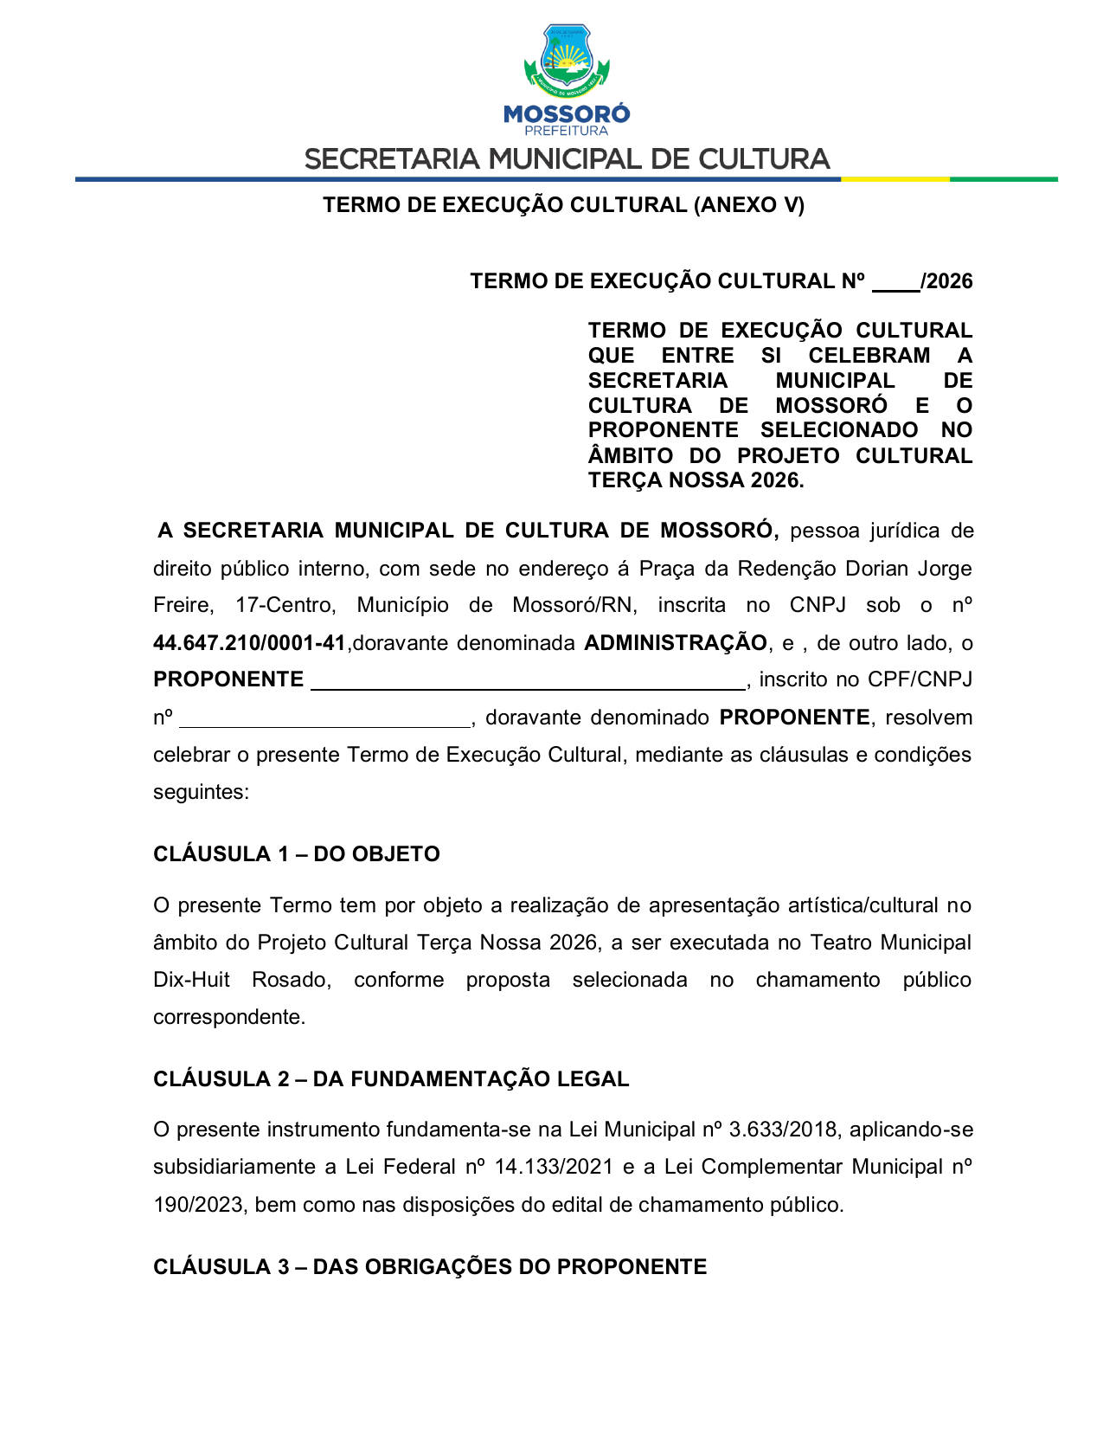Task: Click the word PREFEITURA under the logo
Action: [x=567, y=131]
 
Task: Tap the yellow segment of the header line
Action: [x=895, y=179]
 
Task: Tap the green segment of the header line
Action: [x=1004, y=179]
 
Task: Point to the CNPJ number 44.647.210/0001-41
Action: [x=249, y=643]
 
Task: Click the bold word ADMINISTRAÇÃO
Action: [x=676, y=643]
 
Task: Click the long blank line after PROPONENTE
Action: [x=528, y=682]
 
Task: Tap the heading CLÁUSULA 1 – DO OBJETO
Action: [x=297, y=854]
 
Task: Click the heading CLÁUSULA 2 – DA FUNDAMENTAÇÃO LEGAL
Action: [x=391, y=1079]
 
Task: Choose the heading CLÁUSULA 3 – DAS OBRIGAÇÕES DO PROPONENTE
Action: [x=430, y=1267]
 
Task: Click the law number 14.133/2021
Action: [x=552, y=1167]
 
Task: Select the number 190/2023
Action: [x=198, y=1205]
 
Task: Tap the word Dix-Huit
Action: [x=191, y=980]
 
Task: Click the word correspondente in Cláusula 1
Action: [x=228, y=1017]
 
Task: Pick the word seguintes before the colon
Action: [x=198, y=792]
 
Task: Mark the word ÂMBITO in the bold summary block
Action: [x=630, y=456]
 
